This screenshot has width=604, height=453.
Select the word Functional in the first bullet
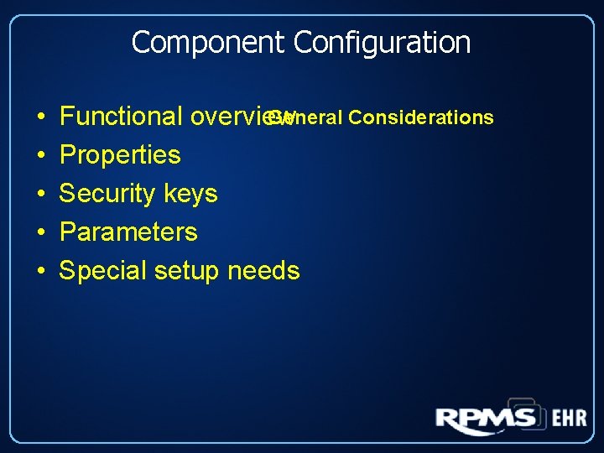click(x=122, y=117)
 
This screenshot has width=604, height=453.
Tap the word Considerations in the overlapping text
click(x=421, y=117)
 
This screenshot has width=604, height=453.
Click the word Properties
click(x=120, y=155)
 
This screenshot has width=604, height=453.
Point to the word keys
click(x=190, y=195)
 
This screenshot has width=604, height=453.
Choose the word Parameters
click(x=128, y=232)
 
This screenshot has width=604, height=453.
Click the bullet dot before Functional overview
click(x=41, y=117)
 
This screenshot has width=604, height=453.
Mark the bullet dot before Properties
click(x=41, y=156)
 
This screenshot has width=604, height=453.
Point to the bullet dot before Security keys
click(x=41, y=195)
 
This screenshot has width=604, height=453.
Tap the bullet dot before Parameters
click(x=41, y=233)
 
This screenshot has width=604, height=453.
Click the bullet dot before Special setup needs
click(x=41, y=272)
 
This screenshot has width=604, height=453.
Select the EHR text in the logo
click(x=569, y=418)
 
